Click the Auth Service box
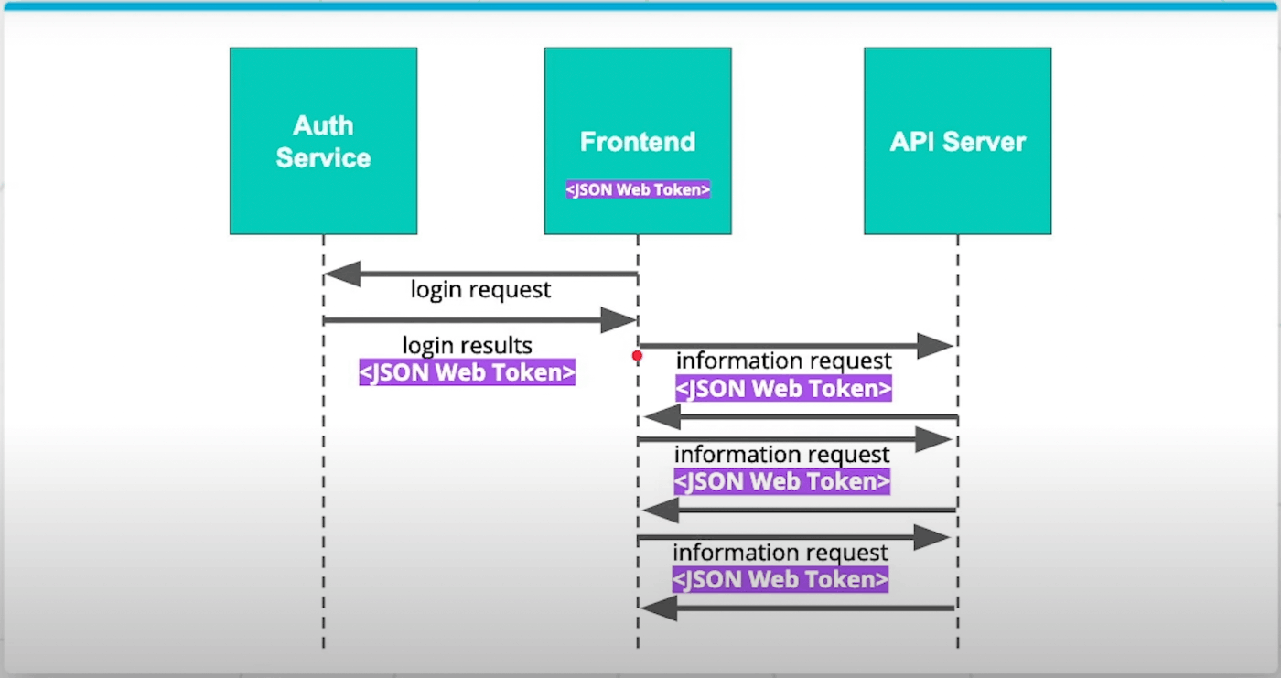[324, 141]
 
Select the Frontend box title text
[638, 142]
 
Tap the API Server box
[958, 141]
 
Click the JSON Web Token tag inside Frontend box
[638, 189]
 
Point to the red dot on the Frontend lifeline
[637, 357]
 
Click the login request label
[480, 290]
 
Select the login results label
[468, 345]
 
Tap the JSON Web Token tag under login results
[468, 372]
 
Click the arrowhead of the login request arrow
[342, 274]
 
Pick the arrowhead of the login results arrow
[619, 320]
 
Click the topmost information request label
[783, 361]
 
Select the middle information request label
[781, 455]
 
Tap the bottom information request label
[780, 553]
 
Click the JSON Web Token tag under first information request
[783, 389]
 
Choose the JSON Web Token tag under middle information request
[781, 481]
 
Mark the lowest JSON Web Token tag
[780, 580]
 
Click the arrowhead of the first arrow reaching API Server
[935, 346]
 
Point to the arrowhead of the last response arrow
[659, 608]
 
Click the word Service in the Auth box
[324, 158]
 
